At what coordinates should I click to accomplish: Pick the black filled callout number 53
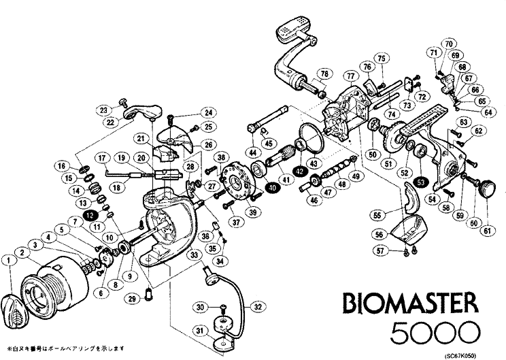pos(421,182)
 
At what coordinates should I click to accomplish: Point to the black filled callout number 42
pos(300,171)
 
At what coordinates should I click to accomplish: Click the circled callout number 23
pos(103,110)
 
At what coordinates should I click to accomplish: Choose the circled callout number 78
pos(324,73)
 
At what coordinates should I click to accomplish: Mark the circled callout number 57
pos(381,252)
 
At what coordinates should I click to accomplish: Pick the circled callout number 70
pos(449,44)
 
